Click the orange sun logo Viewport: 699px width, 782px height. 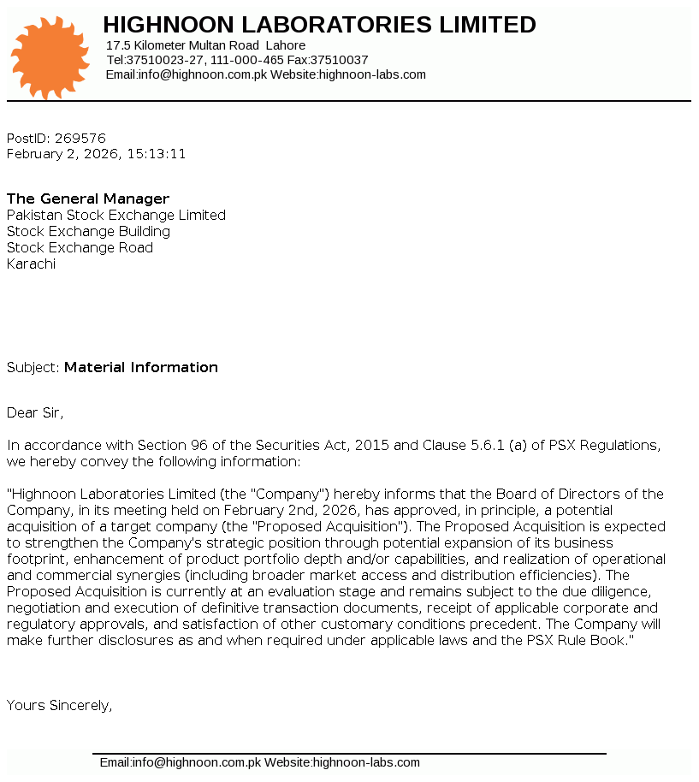point(50,57)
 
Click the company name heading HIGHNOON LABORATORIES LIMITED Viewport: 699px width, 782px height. point(319,25)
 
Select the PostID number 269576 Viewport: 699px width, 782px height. point(80,139)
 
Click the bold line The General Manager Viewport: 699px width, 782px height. point(88,199)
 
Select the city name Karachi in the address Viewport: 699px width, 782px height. point(31,264)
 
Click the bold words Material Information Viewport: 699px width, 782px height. point(141,368)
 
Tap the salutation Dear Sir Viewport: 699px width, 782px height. point(35,413)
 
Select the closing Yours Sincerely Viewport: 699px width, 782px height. point(60,706)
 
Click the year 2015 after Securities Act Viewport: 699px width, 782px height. point(372,446)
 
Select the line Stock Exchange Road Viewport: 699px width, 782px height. point(80,248)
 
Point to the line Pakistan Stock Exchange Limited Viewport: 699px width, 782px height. point(116,216)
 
